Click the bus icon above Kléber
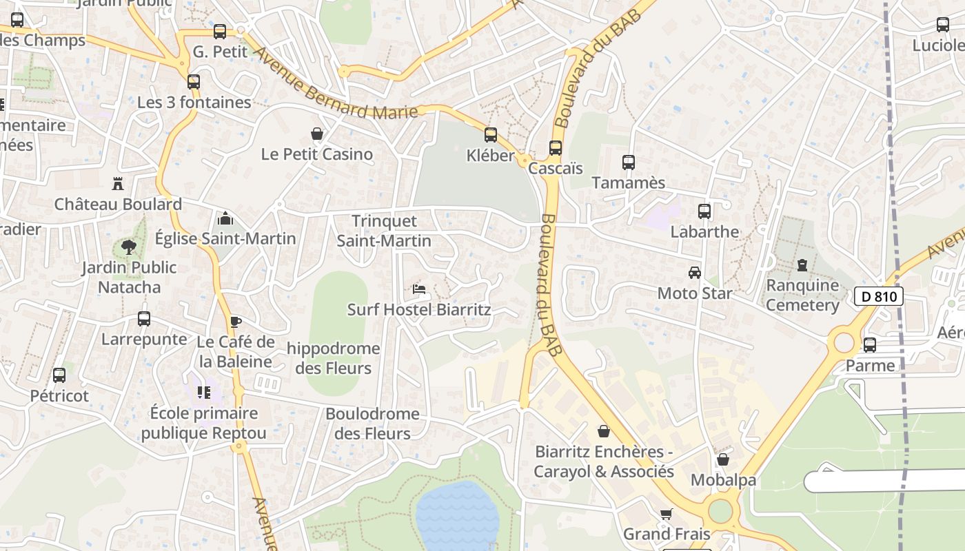click(x=491, y=134)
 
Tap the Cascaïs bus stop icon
click(x=556, y=147)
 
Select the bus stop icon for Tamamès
click(x=629, y=163)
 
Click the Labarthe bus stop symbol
click(x=704, y=211)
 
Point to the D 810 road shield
click(x=879, y=297)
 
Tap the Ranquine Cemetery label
click(x=802, y=295)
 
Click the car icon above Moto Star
click(x=695, y=273)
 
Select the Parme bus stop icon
click(x=870, y=345)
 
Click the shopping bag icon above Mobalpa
click(x=723, y=459)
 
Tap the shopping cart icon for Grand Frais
click(x=666, y=514)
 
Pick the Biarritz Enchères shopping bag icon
click(x=604, y=431)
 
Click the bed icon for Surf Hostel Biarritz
click(x=418, y=289)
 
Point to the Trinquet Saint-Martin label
click(x=384, y=231)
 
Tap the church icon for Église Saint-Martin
click(x=225, y=219)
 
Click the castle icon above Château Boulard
click(x=118, y=184)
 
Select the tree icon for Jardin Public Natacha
click(x=128, y=247)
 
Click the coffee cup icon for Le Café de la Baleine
click(x=236, y=322)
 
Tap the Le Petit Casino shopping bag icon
click(x=317, y=134)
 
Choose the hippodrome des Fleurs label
click(x=333, y=358)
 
